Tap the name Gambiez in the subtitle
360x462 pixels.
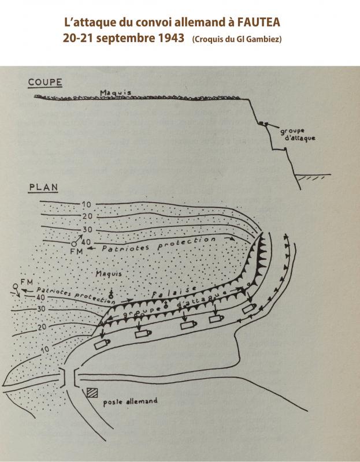[x=263, y=39]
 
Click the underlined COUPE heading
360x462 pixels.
[x=45, y=82]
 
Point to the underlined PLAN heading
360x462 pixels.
[x=43, y=188]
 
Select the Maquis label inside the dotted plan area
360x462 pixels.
[x=109, y=274]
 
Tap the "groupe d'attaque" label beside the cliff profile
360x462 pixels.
[x=297, y=135]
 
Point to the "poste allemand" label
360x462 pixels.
[x=130, y=401]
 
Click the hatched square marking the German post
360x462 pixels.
[x=92, y=393]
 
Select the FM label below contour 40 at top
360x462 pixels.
[x=76, y=251]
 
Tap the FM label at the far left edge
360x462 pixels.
[x=27, y=282]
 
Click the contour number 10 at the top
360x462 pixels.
[x=86, y=204]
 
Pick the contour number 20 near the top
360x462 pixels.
[x=87, y=216]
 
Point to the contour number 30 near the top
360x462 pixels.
[x=87, y=229]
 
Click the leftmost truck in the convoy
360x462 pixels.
[x=102, y=344]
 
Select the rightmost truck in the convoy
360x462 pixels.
[x=250, y=308]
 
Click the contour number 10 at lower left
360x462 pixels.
[x=45, y=350]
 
